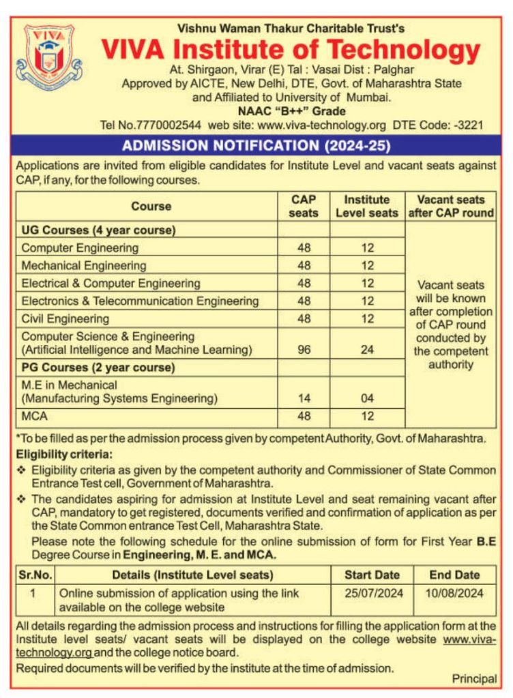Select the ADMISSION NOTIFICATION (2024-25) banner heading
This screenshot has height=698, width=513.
pos(256,146)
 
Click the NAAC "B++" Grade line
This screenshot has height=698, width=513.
pos(291,111)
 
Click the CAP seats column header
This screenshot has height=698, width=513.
pos(304,206)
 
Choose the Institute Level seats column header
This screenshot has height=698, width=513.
pos(367,206)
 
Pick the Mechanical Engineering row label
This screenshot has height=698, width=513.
pos(84,265)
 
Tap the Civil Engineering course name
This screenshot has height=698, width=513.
pos(65,318)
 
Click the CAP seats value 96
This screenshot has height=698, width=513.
pos(304,350)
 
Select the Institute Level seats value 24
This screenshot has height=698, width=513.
pos(368,350)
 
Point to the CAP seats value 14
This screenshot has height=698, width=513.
pos(304,398)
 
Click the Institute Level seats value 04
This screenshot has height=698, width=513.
pos(368,398)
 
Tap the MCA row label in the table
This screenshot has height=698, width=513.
pos(35,415)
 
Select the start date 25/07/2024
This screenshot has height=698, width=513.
pos(372,593)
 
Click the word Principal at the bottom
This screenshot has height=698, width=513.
pos(474,678)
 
